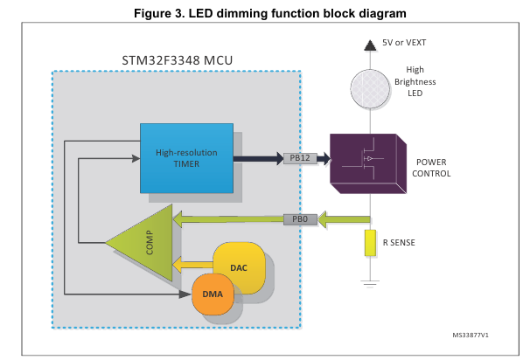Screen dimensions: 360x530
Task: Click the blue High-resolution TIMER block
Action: [x=186, y=157]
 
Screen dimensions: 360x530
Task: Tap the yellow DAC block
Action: [x=238, y=267]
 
